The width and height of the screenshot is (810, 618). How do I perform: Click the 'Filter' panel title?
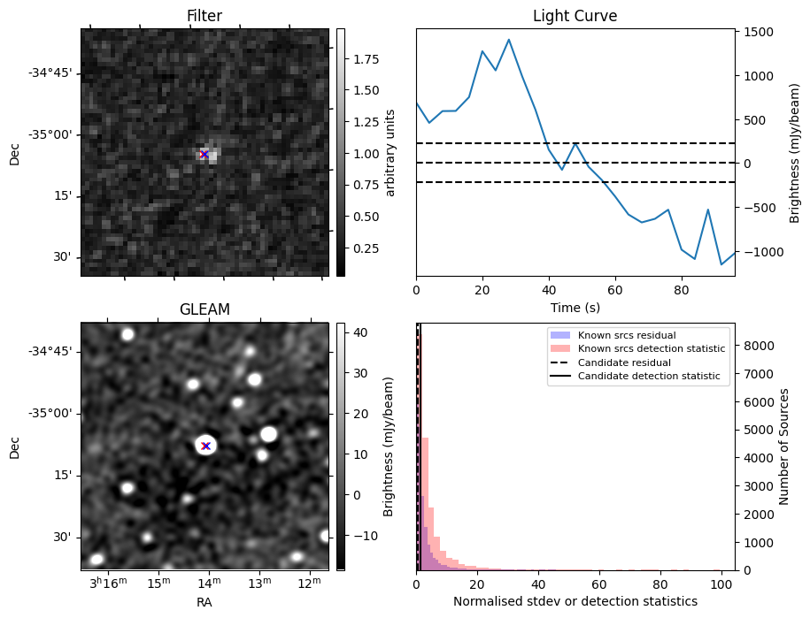tap(204, 16)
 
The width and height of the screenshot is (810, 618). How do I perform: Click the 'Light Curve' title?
tap(575, 16)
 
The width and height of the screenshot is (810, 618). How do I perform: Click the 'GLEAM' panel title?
tap(204, 309)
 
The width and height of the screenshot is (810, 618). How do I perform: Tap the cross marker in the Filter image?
tap(204, 154)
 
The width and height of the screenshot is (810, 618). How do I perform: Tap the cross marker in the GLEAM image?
tap(205, 446)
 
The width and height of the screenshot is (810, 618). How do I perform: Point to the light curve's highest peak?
tap(509, 39)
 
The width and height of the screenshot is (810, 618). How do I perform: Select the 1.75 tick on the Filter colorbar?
tap(360, 59)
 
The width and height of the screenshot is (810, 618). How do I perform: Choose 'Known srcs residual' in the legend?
tap(627, 336)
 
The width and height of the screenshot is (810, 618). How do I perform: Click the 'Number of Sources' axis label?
tap(784, 446)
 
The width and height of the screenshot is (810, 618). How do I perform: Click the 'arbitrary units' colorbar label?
tap(390, 152)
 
